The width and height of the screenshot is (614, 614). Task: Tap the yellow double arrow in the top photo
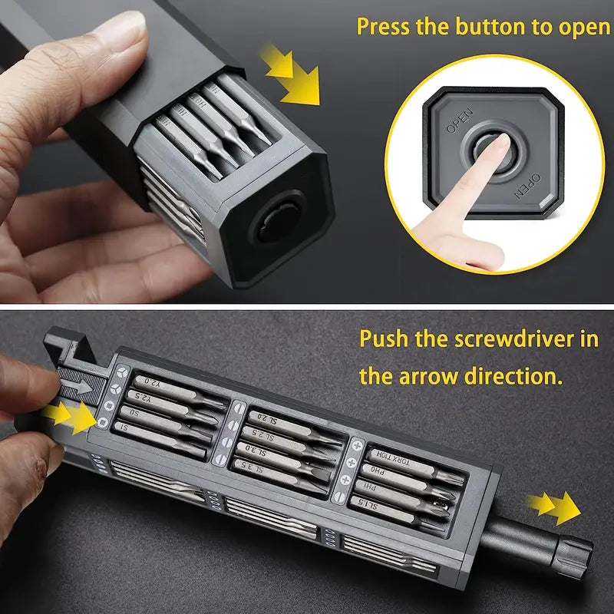291,74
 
